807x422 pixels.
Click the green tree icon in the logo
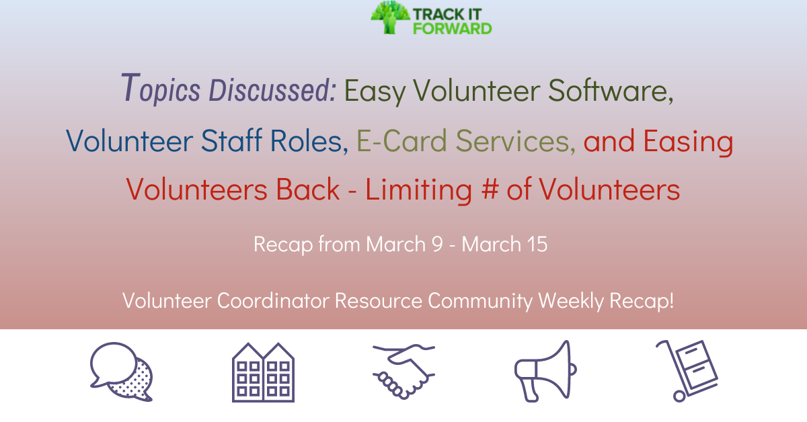tap(389, 17)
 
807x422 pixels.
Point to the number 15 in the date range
tap(537, 244)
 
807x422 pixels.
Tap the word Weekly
tap(570, 301)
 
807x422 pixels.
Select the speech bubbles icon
tap(121, 372)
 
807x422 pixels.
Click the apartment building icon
tap(263, 372)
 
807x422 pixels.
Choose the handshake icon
tap(403, 372)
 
